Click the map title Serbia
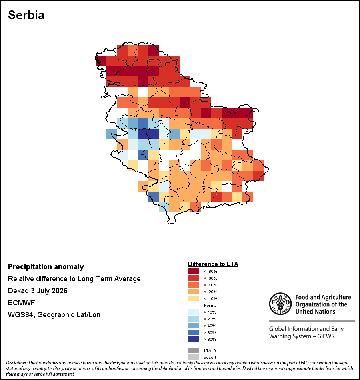coord(26,15)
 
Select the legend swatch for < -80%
coord(194,271)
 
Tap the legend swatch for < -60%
coord(194,278)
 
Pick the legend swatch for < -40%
coord(194,285)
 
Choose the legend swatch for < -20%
coord(194,292)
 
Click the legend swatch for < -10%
coord(194,298)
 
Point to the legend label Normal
coord(211,305)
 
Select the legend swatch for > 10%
coord(194,312)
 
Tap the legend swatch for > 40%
coord(194,326)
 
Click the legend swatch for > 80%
coord(194,339)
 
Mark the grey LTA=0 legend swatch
coord(194,350)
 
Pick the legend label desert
coord(210,357)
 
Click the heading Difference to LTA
coord(213,264)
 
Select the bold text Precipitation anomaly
coord(46,267)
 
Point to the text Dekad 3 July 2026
coord(38,290)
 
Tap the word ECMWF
coord(21,303)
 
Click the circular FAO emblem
coord(280,304)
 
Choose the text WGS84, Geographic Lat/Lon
coord(54,315)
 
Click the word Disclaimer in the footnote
coord(16,363)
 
